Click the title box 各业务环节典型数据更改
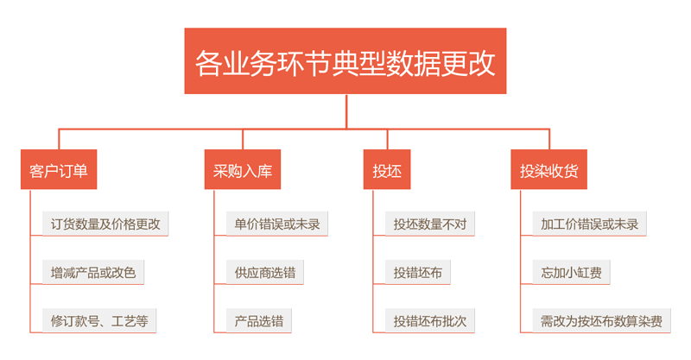point(345,60)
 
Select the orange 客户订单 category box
point(59,170)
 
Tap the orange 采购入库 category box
point(243,170)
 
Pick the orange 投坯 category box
point(387,170)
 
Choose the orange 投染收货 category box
point(548,170)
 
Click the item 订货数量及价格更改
point(105,224)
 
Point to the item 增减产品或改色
point(93,272)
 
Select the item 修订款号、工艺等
point(99,321)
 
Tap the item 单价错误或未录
point(276,224)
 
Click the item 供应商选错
point(265,272)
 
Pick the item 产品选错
point(258,321)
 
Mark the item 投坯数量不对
point(429,224)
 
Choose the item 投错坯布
point(418,272)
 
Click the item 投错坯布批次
point(429,321)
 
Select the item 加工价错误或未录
point(589,224)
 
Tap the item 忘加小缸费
point(571,272)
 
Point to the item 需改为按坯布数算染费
point(601,321)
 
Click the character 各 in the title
point(208,63)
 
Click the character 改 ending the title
point(482,63)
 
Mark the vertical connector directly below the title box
point(346,111)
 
